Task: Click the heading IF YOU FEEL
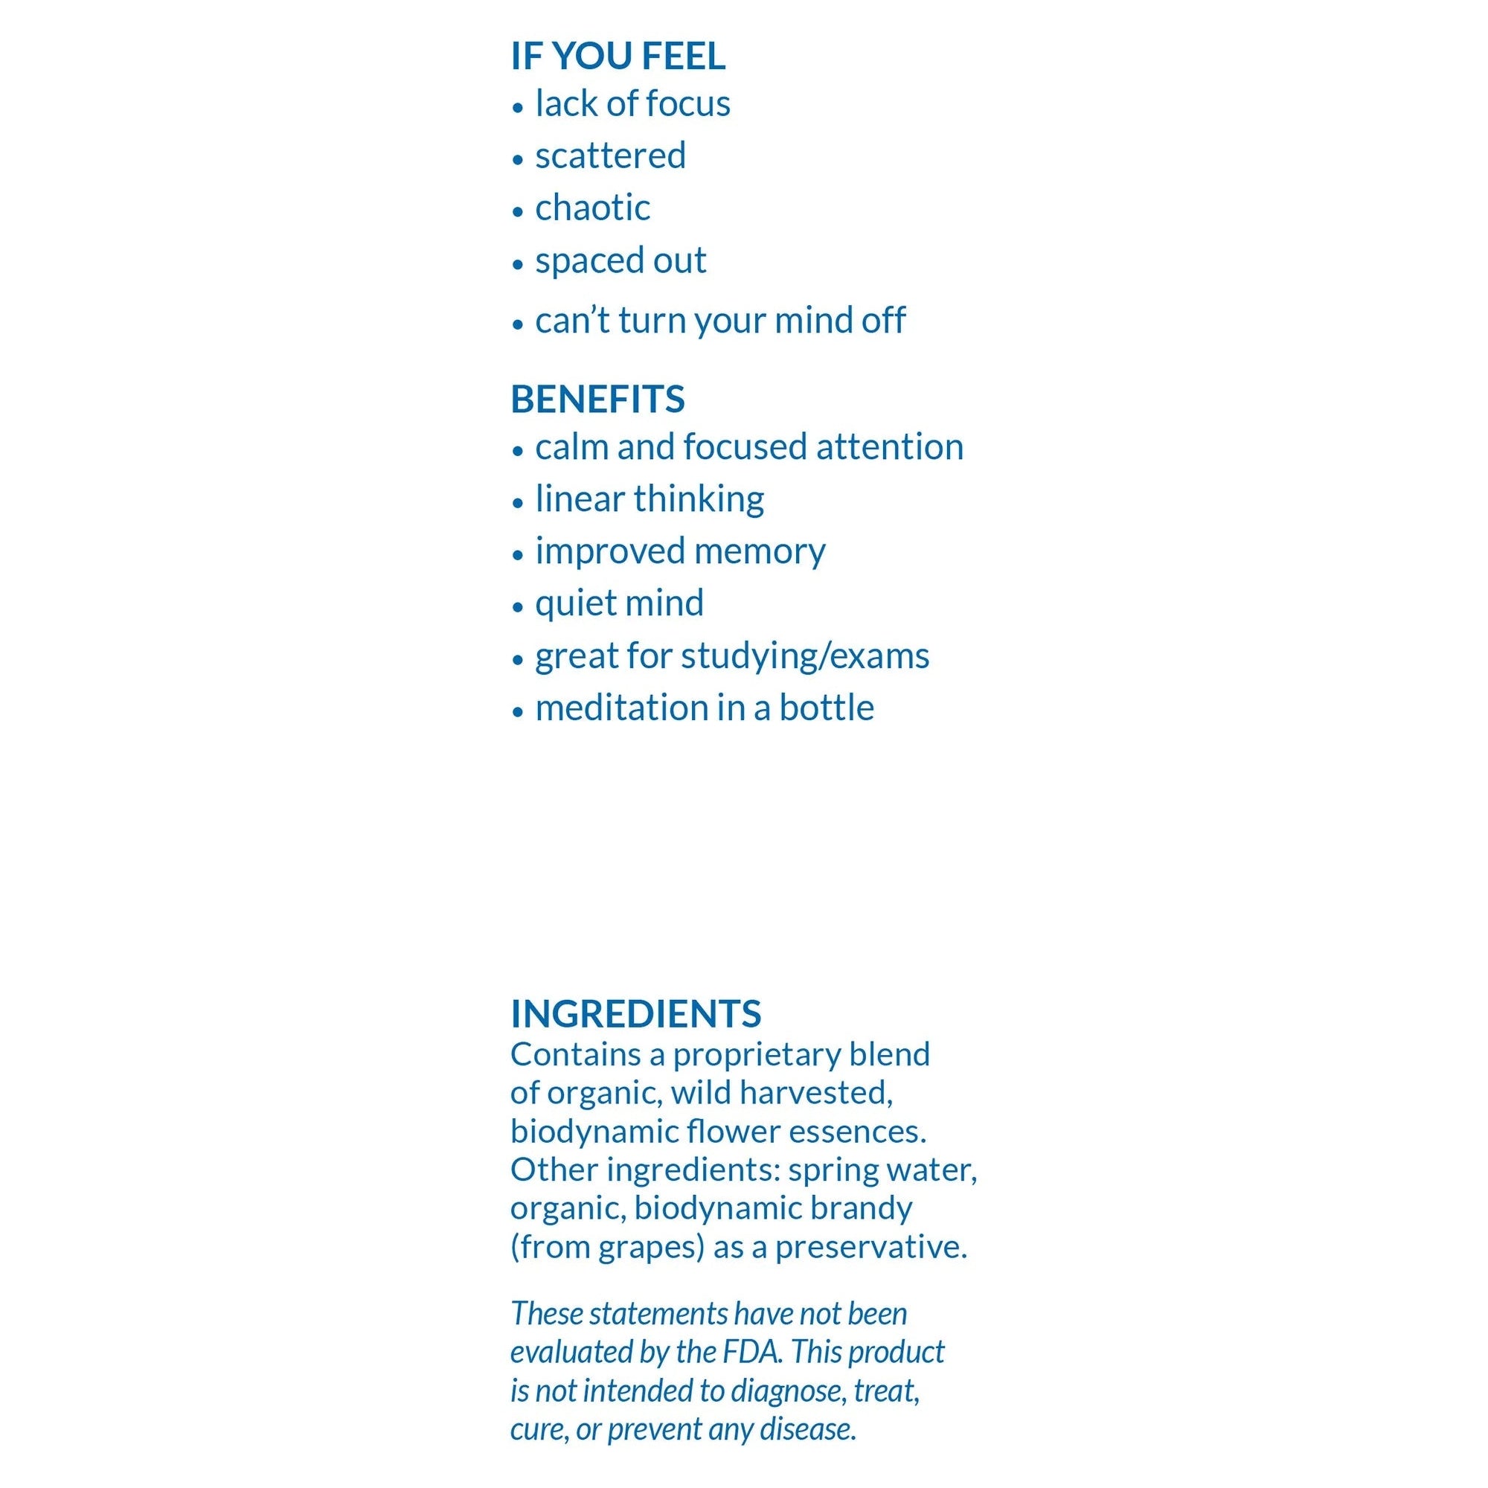click(x=618, y=57)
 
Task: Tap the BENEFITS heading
click(x=597, y=399)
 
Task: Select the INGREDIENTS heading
click(x=635, y=1013)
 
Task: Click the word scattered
click(x=610, y=155)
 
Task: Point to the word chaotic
click(x=592, y=208)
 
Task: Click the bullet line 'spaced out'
click(x=620, y=260)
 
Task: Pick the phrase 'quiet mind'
click(x=619, y=603)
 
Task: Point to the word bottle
click(x=827, y=708)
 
